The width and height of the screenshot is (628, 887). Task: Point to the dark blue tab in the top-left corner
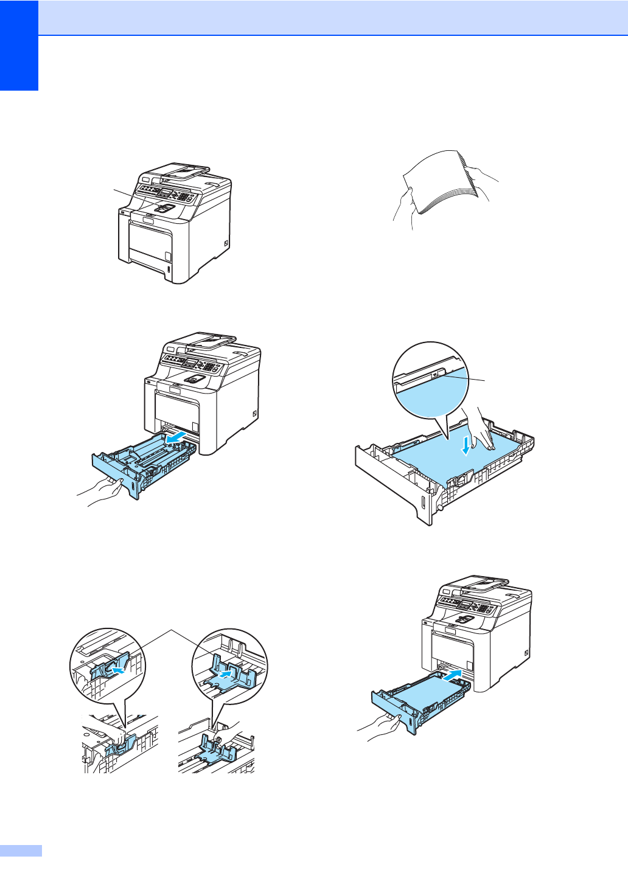19,45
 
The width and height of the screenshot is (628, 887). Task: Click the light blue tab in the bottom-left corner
21,850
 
